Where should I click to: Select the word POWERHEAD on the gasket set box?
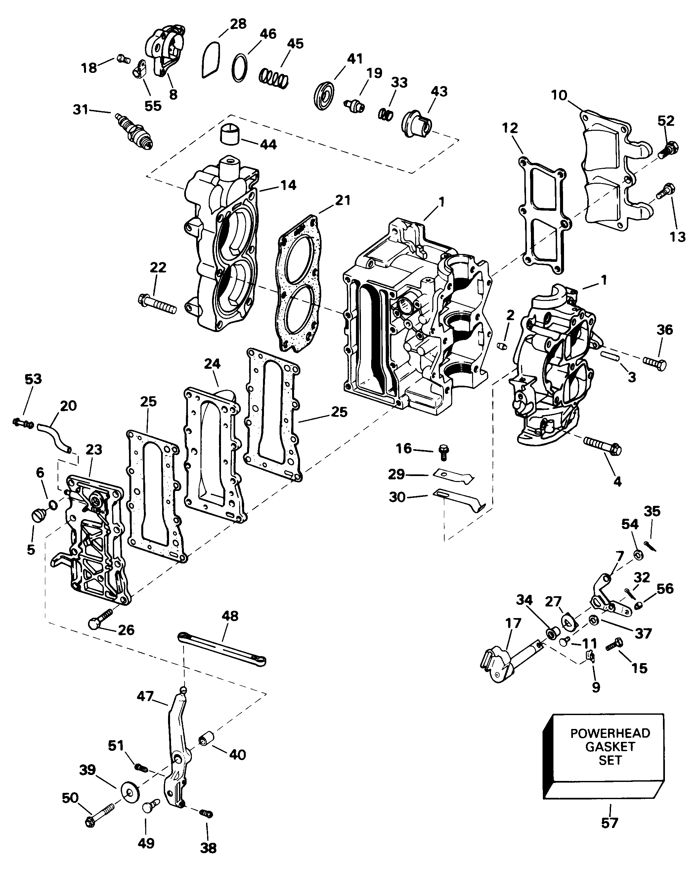tap(610, 733)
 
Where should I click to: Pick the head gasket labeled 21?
tap(298, 282)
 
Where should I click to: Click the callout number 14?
tap(288, 185)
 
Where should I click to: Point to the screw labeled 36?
tap(655, 363)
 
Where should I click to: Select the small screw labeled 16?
tap(444, 452)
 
